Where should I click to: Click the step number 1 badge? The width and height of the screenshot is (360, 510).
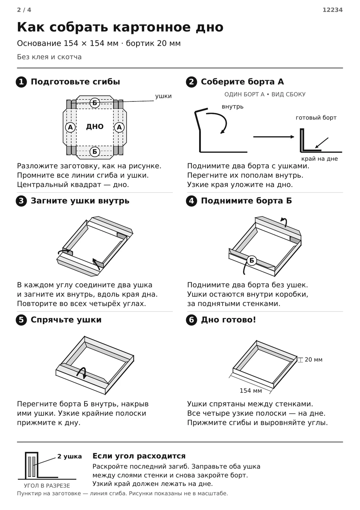coord(21,82)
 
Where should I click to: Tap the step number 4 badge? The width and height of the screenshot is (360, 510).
coord(192,201)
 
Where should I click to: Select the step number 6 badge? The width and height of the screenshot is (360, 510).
coord(192,320)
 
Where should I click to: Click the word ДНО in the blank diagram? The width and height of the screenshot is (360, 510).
coord(95,127)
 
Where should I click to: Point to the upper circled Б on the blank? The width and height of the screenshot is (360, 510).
coord(95,103)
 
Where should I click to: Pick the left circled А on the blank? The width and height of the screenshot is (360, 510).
coord(71,127)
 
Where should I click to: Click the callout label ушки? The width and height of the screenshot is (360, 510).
coord(163,96)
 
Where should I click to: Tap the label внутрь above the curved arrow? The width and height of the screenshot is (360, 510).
coord(233,106)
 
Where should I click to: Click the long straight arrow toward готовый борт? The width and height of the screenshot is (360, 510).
coord(274,137)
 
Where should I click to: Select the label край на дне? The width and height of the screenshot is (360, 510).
coord(319,159)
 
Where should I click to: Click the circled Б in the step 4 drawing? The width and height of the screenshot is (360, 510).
coord(252,260)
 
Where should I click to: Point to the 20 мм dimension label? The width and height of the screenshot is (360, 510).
coord(314,360)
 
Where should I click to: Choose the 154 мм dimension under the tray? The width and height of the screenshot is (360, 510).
coord(251,391)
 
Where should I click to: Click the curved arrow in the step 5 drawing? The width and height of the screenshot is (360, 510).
coord(81,371)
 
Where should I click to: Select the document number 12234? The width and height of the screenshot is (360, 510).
coord(332,10)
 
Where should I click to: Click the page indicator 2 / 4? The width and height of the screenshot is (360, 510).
coord(24,10)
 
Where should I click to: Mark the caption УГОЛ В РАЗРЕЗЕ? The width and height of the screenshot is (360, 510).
coord(47,486)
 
